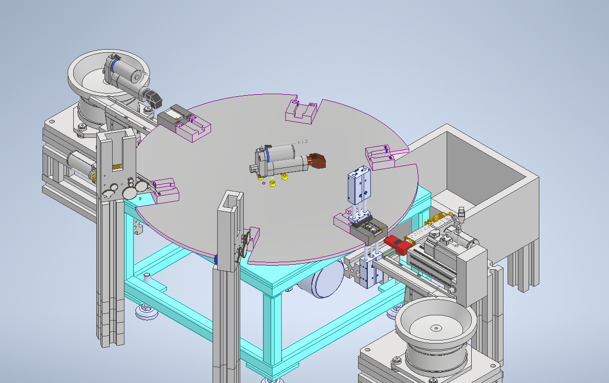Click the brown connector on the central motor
click(x=318, y=160)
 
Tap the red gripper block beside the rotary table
click(x=398, y=244)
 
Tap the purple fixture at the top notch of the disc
click(x=299, y=112)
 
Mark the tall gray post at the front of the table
click(x=226, y=287)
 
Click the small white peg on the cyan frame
click(x=147, y=278)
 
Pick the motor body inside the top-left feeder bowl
click(x=123, y=72)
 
